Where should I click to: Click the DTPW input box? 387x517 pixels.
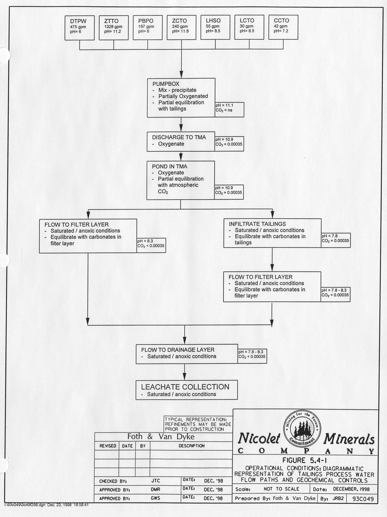pos(79,27)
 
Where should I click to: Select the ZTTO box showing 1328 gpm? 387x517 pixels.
pos(114,27)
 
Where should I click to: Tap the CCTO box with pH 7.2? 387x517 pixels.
pos(283,27)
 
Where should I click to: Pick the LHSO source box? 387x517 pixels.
pos(215,27)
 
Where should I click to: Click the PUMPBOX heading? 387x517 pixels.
pos(166,84)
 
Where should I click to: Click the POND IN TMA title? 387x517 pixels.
pos(169,166)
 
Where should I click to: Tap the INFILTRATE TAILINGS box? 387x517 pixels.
pos(272,233)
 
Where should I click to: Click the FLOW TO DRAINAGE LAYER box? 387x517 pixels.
pos(186,353)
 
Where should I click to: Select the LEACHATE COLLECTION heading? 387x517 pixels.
pos(185,387)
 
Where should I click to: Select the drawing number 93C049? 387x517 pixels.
pos(361,499)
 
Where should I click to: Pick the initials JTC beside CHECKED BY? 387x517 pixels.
pos(155,481)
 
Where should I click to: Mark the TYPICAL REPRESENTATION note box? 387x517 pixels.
pos(198,424)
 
